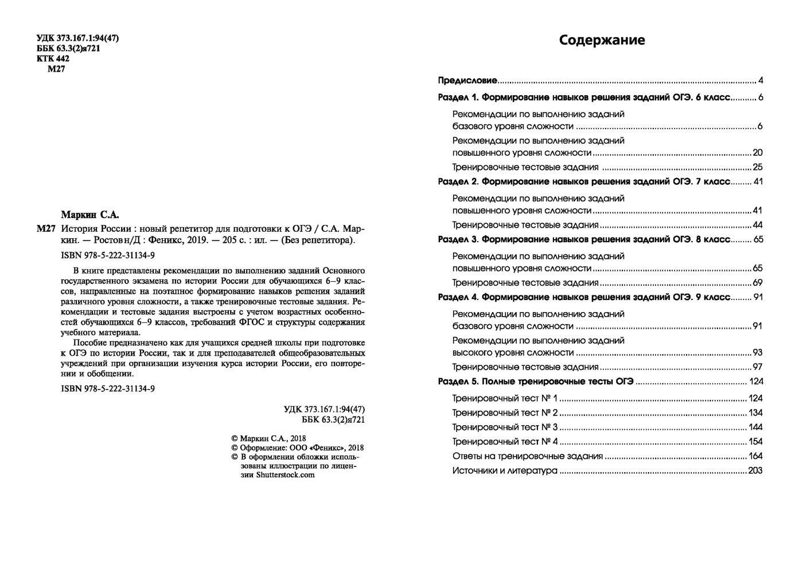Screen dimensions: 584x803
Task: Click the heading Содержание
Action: coord(602,40)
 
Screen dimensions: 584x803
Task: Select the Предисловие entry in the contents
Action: coord(467,81)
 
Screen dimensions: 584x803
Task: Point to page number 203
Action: coord(755,471)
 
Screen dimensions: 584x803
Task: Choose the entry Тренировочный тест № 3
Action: coord(505,427)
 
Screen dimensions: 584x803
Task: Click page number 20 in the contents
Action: coord(757,153)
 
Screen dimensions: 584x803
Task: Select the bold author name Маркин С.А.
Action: coord(89,215)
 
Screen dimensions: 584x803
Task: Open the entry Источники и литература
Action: coord(505,471)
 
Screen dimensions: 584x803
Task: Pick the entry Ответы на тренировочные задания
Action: coord(527,457)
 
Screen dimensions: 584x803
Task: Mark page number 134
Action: coord(755,413)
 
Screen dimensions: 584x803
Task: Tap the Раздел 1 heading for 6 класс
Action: coord(584,98)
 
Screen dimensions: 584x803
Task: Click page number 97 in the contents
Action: coord(757,367)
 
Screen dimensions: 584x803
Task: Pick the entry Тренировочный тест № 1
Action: coord(505,399)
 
